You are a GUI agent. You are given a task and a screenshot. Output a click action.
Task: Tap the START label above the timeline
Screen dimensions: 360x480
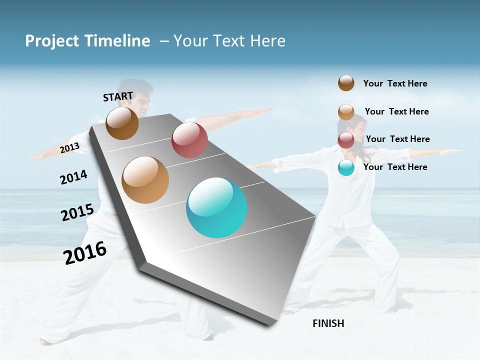[x=118, y=96]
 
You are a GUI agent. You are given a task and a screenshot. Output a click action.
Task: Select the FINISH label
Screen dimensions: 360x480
[x=328, y=323]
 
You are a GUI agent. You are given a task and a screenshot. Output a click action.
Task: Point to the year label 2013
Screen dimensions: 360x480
[x=69, y=148]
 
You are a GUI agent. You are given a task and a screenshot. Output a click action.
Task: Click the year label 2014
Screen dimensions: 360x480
[x=73, y=177]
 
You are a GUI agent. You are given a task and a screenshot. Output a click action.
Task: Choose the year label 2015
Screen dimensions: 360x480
[x=77, y=212]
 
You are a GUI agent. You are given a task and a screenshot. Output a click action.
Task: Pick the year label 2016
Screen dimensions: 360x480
[x=85, y=253]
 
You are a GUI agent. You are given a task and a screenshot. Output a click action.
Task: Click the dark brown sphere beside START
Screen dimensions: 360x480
[x=122, y=123]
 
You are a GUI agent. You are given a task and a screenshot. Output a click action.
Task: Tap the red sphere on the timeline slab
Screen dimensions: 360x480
[x=189, y=140]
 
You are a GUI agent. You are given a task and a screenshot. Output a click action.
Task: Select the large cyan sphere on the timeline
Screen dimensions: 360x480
[x=216, y=207]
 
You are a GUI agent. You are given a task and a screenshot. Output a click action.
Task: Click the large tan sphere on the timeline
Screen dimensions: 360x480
[x=145, y=180]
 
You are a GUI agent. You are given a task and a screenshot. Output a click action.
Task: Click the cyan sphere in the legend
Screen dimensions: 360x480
[x=346, y=167]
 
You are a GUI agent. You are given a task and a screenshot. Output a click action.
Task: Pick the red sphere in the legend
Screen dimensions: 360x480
[x=346, y=140]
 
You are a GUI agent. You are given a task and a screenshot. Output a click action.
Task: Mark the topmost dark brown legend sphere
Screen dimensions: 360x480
[x=346, y=83]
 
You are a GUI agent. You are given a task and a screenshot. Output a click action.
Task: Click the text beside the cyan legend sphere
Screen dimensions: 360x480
[x=395, y=167]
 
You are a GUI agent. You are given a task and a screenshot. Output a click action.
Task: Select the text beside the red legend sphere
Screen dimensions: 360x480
[x=397, y=139]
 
